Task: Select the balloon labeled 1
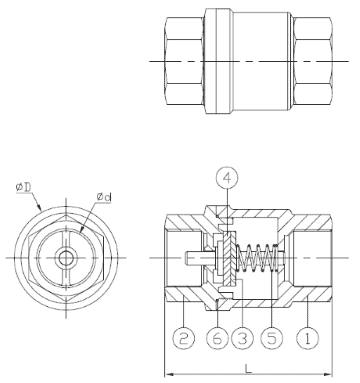tap(308, 337)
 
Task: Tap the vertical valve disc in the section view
tap(228, 258)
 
